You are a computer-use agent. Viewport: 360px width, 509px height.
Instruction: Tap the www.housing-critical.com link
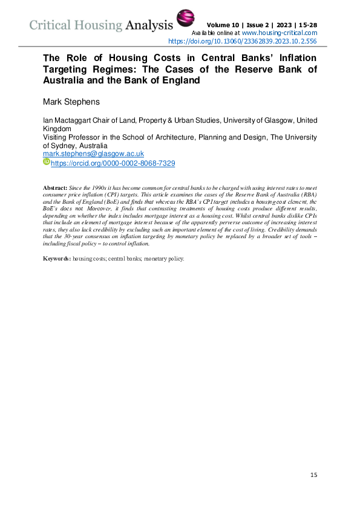point(280,32)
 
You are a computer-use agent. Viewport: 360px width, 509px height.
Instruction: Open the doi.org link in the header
point(242,42)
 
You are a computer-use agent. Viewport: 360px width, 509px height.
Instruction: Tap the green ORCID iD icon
point(46,163)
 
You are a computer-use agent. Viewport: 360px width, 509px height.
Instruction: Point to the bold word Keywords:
point(57,259)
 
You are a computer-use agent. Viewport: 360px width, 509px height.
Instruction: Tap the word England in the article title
point(180,80)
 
